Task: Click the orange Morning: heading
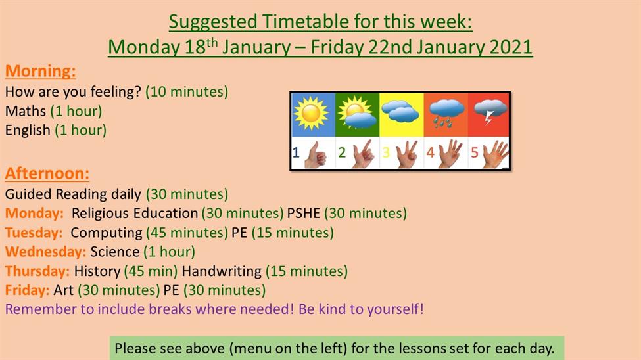pyautogui.click(x=41, y=71)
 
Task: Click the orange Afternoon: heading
pyautogui.click(x=47, y=173)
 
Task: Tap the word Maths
pyautogui.click(x=26, y=111)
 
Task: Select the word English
pyautogui.click(x=28, y=130)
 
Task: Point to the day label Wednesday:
pyautogui.click(x=45, y=252)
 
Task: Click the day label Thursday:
pyautogui.click(x=37, y=271)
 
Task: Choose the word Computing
pyautogui.click(x=107, y=233)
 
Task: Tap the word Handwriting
pyautogui.click(x=222, y=271)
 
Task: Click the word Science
pyautogui.click(x=115, y=252)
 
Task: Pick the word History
pyautogui.click(x=97, y=271)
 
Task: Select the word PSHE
pyautogui.click(x=303, y=214)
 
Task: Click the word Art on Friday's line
pyautogui.click(x=63, y=290)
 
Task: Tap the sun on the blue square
pyautogui.click(x=311, y=113)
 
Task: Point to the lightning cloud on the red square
pyautogui.click(x=490, y=110)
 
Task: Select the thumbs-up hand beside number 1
pyautogui.click(x=316, y=154)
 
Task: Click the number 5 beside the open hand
pyautogui.click(x=474, y=153)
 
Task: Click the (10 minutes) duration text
pyautogui.click(x=187, y=91)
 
